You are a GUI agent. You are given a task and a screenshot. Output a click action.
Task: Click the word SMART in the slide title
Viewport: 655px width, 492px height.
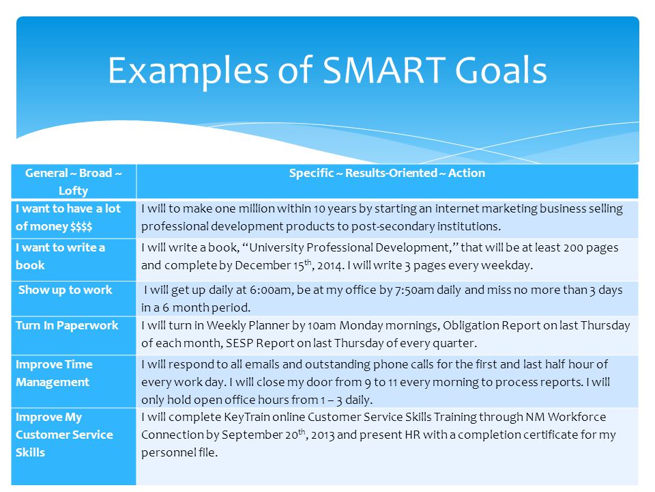[x=383, y=70]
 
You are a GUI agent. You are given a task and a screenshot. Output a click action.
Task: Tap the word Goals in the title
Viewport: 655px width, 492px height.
[x=500, y=70]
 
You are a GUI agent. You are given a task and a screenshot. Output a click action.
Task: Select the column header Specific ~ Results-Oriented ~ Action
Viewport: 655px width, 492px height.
[x=387, y=173]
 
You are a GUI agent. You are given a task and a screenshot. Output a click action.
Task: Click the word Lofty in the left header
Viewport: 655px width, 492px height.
[x=73, y=191]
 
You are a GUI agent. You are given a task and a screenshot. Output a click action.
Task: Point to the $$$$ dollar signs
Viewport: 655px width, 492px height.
[x=81, y=227]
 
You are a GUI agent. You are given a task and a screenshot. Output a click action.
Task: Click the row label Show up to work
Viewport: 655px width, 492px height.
[x=65, y=290]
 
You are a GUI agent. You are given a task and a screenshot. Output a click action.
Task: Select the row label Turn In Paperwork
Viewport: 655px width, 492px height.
[x=67, y=325]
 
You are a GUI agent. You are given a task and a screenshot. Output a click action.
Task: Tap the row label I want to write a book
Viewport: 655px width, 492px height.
[x=60, y=256]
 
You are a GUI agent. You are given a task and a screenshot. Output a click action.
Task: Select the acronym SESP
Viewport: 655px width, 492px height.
[x=239, y=344]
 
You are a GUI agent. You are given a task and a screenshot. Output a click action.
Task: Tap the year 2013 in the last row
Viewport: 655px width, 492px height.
[x=323, y=435]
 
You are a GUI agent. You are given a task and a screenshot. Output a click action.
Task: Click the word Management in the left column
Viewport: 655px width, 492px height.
[x=53, y=383]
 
